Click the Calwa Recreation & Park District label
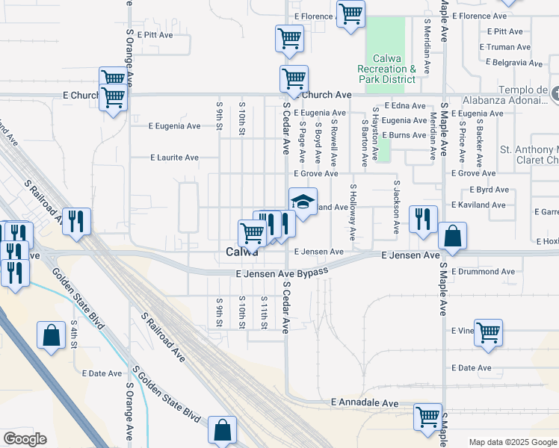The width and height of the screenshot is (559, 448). (x=386, y=69)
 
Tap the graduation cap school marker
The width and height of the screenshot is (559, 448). (x=303, y=201)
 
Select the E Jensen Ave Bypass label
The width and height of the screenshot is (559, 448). (x=282, y=274)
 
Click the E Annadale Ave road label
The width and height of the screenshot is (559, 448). (x=365, y=403)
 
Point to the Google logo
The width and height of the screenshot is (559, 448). (x=25, y=439)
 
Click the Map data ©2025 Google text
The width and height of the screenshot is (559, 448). (x=512, y=442)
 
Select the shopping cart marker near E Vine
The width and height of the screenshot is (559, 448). (x=488, y=332)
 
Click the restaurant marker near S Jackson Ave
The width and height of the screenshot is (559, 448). (x=423, y=219)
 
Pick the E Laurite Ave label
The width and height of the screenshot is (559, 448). (x=174, y=158)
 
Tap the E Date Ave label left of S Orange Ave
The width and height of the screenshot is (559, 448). (x=102, y=373)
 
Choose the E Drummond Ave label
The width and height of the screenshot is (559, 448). (x=483, y=272)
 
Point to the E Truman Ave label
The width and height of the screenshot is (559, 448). (x=508, y=46)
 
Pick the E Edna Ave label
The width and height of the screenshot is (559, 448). (x=404, y=106)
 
